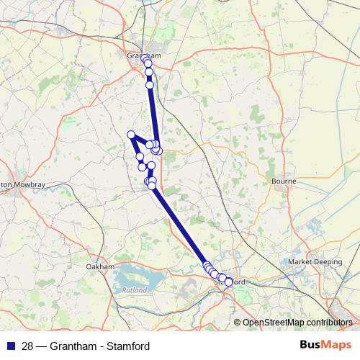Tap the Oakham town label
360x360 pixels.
click(x=100, y=266)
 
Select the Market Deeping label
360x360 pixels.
click(x=315, y=262)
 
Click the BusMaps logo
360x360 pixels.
click(x=325, y=346)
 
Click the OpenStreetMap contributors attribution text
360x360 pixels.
click(x=297, y=323)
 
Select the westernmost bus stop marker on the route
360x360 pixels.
click(x=131, y=135)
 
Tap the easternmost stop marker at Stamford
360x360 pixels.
click(x=229, y=282)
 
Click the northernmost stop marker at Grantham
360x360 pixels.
click(x=145, y=58)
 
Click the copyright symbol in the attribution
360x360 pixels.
click(x=238, y=323)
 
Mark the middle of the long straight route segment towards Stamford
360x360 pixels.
click(x=179, y=227)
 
